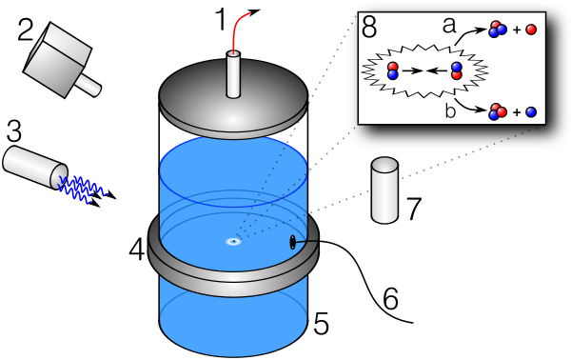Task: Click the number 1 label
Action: click(222, 19)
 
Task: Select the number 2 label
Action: click(26, 30)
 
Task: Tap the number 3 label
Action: click(14, 131)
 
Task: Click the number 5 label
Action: click(321, 324)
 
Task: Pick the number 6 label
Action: click(391, 299)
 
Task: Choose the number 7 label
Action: click(413, 209)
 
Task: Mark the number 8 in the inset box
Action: click(369, 28)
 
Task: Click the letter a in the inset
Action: click(449, 26)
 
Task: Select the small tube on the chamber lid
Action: click(233, 74)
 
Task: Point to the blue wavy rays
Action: click(87, 189)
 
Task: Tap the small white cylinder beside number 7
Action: click(384, 190)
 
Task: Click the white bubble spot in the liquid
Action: click(233, 241)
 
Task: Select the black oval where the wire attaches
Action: click(292, 242)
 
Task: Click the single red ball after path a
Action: click(531, 30)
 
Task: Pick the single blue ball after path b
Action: click(531, 112)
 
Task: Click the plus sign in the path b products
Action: click(517, 112)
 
